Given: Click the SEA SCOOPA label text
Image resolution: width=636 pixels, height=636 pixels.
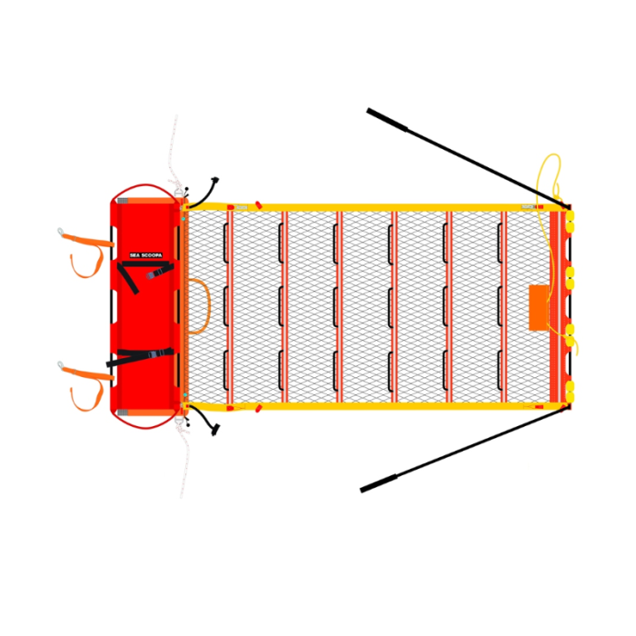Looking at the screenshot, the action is pyautogui.click(x=146, y=255).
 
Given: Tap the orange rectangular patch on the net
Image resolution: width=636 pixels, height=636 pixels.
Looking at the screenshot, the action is pyautogui.click(x=539, y=307).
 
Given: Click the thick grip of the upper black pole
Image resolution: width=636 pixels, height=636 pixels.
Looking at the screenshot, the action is pyautogui.click(x=387, y=120).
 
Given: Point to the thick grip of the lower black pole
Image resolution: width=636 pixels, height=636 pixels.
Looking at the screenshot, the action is pyautogui.click(x=379, y=483).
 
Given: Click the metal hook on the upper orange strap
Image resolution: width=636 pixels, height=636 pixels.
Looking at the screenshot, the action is pyautogui.click(x=61, y=232).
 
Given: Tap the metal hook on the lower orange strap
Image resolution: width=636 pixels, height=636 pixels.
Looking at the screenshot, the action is pyautogui.click(x=61, y=365).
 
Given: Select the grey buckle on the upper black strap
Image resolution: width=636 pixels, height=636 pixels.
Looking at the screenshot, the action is pyautogui.click(x=151, y=275).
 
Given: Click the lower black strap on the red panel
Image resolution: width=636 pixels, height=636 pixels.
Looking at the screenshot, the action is pyautogui.click(x=140, y=356).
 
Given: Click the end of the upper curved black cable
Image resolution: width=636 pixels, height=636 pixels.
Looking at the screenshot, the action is pyautogui.click(x=215, y=179).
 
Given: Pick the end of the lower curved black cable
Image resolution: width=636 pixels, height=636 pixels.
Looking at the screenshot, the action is pyautogui.click(x=216, y=430).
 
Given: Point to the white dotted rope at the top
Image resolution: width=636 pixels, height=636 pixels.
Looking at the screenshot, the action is pyautogui.click(x=174, y=154).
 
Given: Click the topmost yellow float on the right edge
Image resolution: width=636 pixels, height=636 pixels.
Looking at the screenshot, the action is pyautogui.click(x=570, y=216).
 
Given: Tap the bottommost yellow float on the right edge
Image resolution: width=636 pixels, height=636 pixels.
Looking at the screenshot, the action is pyautogui.click(x=570, y=397).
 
